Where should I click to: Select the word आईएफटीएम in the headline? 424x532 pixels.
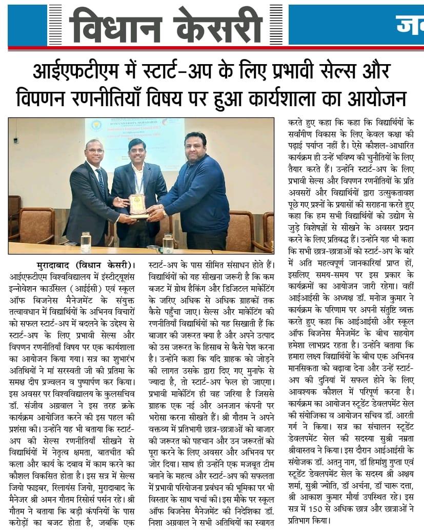[72, 71]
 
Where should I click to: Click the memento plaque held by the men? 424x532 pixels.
[137, 205]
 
